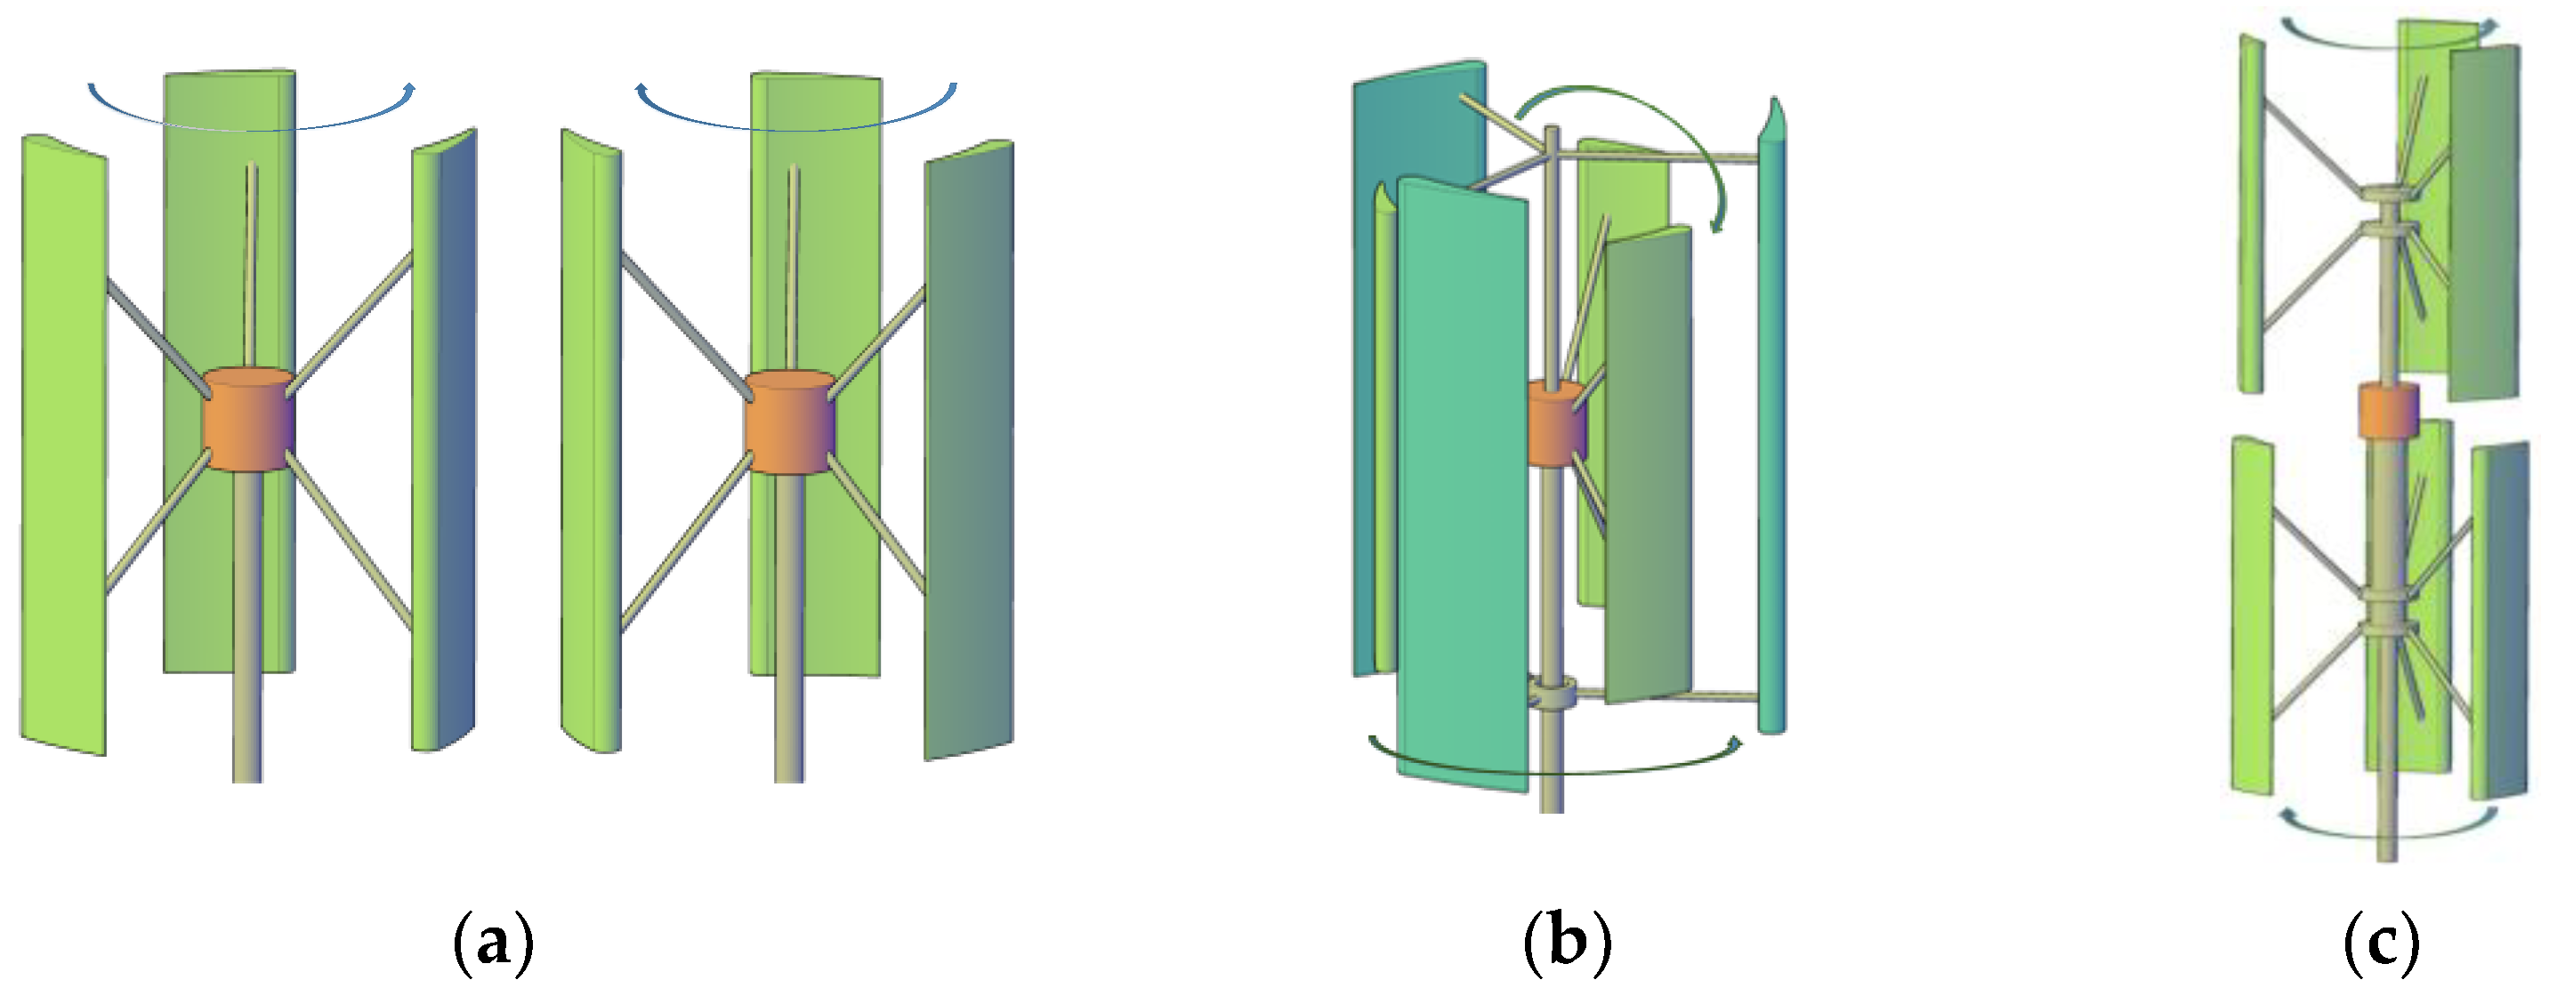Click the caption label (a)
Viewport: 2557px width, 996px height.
(x=493, y=942)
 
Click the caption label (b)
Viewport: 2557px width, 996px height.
(x=1568, y=942)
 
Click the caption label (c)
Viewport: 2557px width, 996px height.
(x=2382, y=942)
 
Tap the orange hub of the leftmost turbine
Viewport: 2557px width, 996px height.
(x=247, y=420)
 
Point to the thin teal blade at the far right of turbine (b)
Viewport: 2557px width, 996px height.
(x=1771, y=437)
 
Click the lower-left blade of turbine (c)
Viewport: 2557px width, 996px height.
(x=2251, y=615)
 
